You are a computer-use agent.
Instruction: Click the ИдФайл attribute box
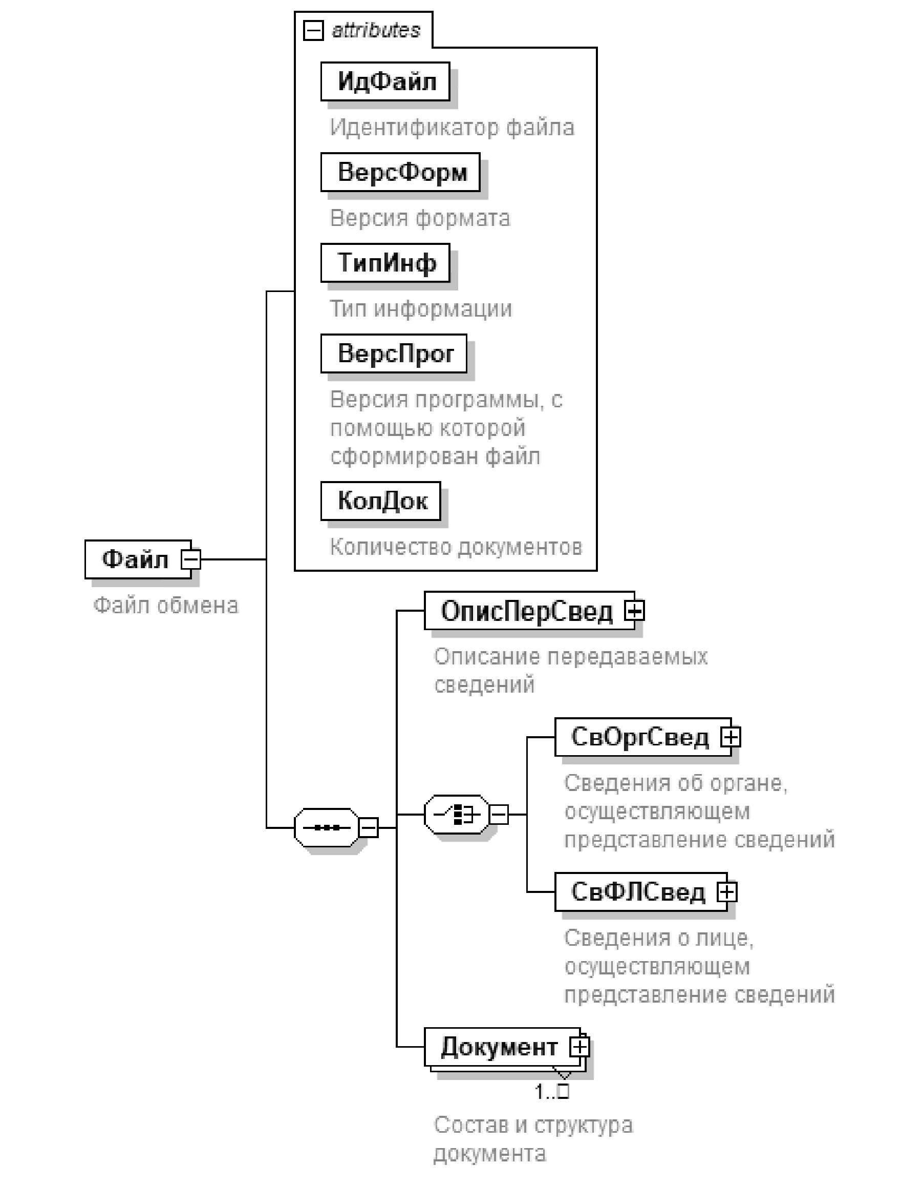point(385,81)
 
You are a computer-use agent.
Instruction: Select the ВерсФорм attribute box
point(400,172)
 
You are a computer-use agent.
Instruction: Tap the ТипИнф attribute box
point(385,263)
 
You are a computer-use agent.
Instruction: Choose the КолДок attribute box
point(381,501)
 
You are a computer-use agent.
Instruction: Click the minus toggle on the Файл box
point(190,559)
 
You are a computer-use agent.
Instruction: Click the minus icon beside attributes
point(313,30)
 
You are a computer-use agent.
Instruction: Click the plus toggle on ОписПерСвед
point(634,611)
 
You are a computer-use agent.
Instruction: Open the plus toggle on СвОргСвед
point(731,737)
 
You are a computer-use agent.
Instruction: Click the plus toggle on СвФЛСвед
point(726,891)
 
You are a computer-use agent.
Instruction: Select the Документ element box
point(498,1047)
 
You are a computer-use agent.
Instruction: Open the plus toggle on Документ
point(579,1047)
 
